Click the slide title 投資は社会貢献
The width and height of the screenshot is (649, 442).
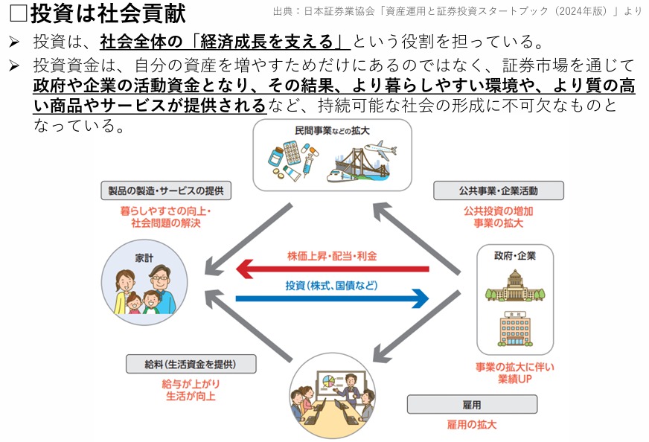click(x=108, y=14)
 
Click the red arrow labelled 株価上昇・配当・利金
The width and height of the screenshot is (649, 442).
click(x=332, y=269)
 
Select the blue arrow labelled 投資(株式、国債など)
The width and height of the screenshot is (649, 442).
click(x=332, y=298)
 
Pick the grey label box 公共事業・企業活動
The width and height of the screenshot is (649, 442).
click(x=498, y=190)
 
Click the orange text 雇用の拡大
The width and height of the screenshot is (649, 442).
click(x=471, y=425)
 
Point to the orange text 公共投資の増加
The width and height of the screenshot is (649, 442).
click(x=498, y=211)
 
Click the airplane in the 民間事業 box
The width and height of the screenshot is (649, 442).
click(x=379, y=148)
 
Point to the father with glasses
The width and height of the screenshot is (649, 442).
click(x=159, y=286)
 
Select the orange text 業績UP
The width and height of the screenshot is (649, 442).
click(x=514, y=380)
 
